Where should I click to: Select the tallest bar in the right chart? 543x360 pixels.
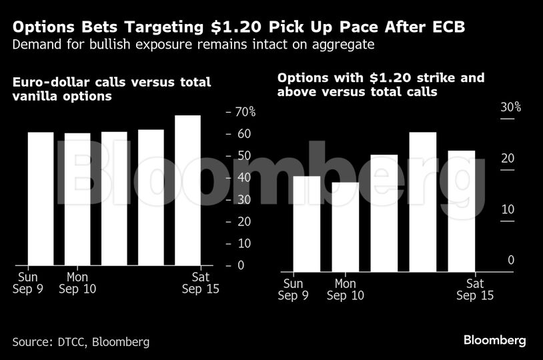click(x=422, y=201)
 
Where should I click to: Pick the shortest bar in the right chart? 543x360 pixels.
click(x=345, y=227)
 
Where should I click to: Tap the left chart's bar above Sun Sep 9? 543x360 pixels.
click(x=41, y=199)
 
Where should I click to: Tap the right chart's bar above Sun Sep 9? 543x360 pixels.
click(x=306, y=223)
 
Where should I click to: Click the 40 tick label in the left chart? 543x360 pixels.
click(x=244, y=178)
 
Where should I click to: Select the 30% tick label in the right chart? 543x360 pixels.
click(x=510, y=107)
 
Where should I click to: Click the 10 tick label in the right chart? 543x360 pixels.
click(x=508, y=209)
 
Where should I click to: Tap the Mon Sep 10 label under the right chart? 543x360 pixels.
click(x=346, y=289)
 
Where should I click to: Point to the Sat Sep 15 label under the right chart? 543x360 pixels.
click(x=474, y=289)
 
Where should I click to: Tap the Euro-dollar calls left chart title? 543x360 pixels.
click(x=111, y=89)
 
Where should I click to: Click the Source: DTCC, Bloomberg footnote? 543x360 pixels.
click(x=81, y=342)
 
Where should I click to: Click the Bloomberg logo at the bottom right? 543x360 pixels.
click(x=494, y=341)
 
